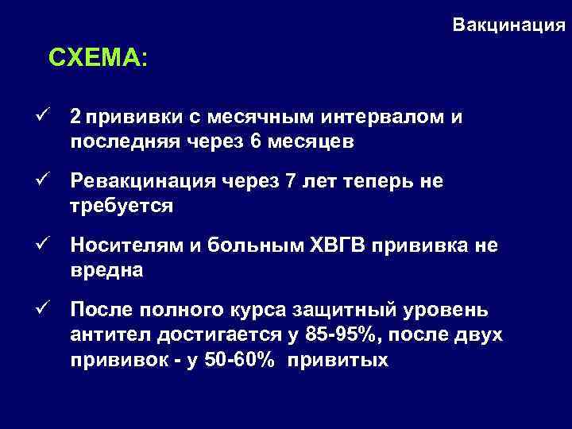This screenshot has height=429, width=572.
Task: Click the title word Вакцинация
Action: click(x=509, y=25)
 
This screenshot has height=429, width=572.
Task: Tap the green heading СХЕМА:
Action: click(x=98, y=58)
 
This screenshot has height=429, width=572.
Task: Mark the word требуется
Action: click(x=122, y=206)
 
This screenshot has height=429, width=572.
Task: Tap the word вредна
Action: click(x=106, y=269)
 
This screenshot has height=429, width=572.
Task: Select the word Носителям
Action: click(x=128, y=245)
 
